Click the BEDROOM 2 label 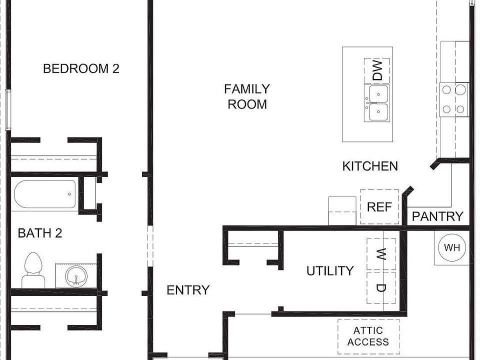(81, 68)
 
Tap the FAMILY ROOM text (247, 96)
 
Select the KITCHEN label (370, 166)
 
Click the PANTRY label (437, 216)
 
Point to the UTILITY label (329, 271)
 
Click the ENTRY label (188, 290)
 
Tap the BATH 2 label (40, 233)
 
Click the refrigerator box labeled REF (379, 206)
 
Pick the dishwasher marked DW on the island (377, 70)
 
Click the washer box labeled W (381, 254)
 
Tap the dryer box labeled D (381, 287)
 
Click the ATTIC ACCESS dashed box (368, 336)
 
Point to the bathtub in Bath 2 (45, 194)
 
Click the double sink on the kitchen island (378, 103)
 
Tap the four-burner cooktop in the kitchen (454, 99)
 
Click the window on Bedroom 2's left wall (7, 110)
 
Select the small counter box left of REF (341, 211)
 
